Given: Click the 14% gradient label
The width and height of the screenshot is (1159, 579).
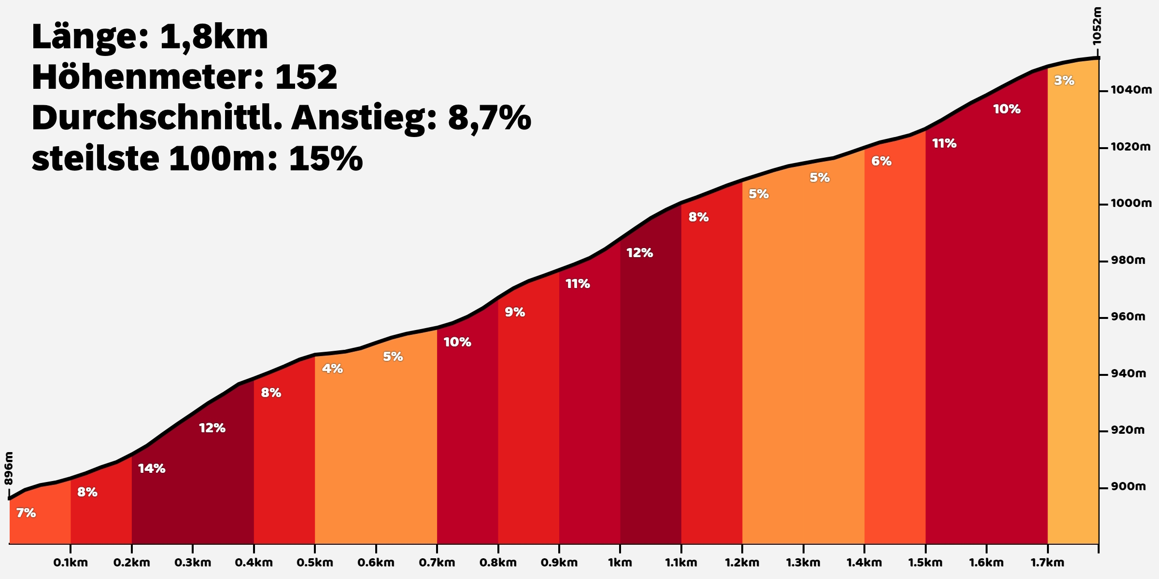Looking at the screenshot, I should pos(152,469).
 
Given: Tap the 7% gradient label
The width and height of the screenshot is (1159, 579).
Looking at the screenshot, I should pos(26,513).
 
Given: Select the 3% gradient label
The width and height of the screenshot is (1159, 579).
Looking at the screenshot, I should pos(1064,81).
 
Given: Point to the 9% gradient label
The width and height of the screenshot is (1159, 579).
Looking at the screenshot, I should pos(515,312).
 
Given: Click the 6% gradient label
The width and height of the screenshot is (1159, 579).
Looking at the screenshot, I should pos(881,161).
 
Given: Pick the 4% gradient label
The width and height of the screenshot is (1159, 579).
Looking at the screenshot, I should pos(332,369).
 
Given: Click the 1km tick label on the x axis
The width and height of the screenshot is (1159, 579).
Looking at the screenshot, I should pos(620,563).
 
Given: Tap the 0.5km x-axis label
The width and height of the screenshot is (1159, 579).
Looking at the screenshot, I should pos(315,563).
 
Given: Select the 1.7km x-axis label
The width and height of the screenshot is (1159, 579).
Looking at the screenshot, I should pos(1047,563).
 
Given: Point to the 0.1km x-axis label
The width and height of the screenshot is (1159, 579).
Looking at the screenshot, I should pos(71,563).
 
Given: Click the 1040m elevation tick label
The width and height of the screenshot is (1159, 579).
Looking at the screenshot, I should pos(1131,90).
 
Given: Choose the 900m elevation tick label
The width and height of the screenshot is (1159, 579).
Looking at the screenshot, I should pos(1128,486).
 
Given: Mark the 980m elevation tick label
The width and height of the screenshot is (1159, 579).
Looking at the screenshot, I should pos(1128,260).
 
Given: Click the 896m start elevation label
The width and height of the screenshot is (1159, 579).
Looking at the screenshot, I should pos(9,468).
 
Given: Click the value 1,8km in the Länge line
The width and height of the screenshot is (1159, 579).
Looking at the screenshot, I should pos(213,37).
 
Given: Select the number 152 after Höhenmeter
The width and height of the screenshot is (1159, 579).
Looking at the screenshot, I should pos(306,77).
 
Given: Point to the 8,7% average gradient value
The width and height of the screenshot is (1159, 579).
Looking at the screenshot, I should pos(489,118).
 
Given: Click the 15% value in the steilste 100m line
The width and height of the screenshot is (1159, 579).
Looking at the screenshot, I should pos(325,158).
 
